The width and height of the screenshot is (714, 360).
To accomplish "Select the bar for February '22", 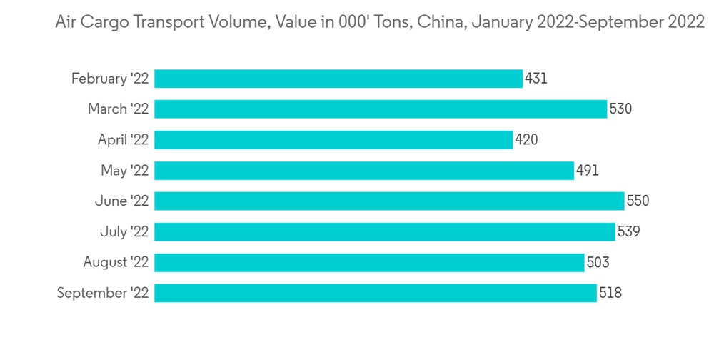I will tap(338, 79).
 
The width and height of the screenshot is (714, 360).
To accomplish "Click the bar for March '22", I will tap(381, 109).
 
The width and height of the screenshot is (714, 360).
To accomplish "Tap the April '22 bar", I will tap(333, 140).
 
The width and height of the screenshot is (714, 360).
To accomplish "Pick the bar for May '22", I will tap(364, 171).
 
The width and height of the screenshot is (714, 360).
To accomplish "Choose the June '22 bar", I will tap(389, 201).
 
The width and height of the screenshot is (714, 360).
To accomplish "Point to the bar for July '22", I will tap(385, 231).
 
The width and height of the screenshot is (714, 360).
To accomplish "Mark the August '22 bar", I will tap(369, 262).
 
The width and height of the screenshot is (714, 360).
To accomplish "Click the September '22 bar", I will tap(376, 293).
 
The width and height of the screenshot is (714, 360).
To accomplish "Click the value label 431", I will tap(536, 79).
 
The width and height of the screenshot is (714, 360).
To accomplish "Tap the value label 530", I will tap(621, 109).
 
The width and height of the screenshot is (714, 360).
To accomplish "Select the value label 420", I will tap(526, 140).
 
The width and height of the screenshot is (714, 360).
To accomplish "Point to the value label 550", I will tap(638, 201).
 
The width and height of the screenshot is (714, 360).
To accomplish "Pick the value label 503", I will tap(598, 262).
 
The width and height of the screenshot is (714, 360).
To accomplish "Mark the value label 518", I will tap(610, 293).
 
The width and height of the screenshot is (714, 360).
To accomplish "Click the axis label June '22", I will tap(121, 201).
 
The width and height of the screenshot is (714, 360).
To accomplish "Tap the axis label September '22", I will tap(103, 293).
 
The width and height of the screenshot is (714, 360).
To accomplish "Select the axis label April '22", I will tap(123, 140).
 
